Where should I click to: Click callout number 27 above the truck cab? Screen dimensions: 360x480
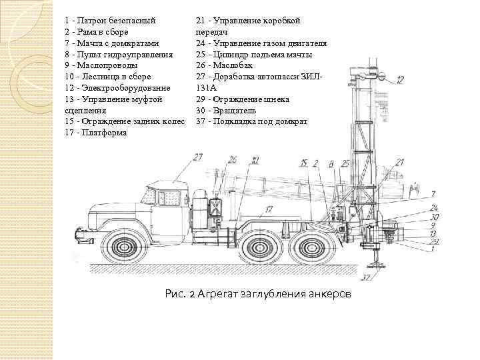point(198,157)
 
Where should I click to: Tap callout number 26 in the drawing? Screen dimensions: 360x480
point(232,159)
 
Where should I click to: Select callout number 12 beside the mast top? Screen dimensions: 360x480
point(399,81)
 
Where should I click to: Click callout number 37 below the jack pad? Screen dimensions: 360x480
point(368,277)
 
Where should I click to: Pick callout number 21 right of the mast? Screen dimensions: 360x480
point(399,162)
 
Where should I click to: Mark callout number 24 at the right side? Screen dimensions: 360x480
point(435,208)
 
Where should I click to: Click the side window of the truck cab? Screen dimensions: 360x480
point(167,197)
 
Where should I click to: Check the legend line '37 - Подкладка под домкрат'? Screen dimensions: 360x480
point(252,121)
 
